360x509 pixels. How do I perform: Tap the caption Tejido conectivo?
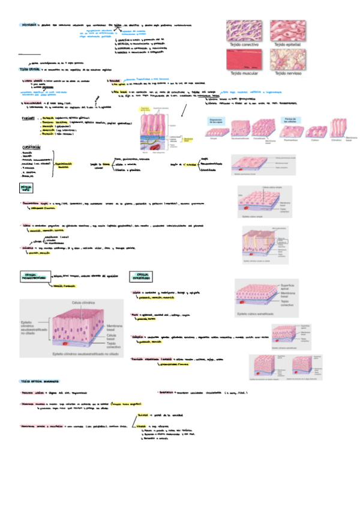(x=243, y=44)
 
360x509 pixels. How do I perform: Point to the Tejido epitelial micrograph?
(x=289, y=29)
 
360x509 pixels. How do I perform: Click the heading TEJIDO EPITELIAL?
(x=29, y=70)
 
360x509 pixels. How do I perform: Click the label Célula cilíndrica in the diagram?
(x=84, y=303)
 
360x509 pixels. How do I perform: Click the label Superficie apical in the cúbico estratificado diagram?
(x=289, y=286)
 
